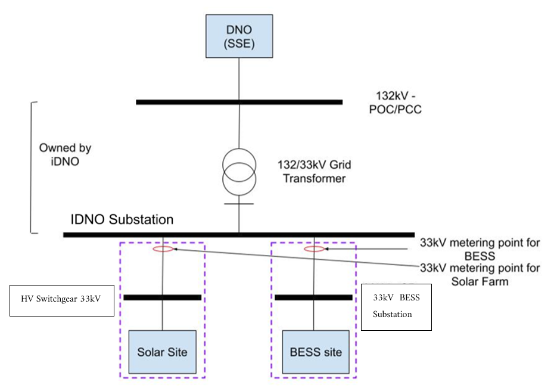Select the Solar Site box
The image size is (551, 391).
pos(163,352)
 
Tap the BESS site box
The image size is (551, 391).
pos(316,352)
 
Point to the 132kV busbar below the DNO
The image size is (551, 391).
pos(239,102)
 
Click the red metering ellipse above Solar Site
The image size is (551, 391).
pos(163,249)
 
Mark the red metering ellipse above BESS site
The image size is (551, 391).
pos(315,249)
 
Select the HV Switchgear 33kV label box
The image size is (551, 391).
pos(63,300)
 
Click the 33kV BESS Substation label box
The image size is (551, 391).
pos(396,306)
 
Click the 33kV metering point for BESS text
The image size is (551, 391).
pos(480,249)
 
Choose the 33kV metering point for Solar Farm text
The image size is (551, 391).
pos(480,274)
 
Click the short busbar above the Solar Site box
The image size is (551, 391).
pos(161,297)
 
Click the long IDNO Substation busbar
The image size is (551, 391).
pos(238,235)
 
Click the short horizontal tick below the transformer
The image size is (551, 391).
pos(239,204)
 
